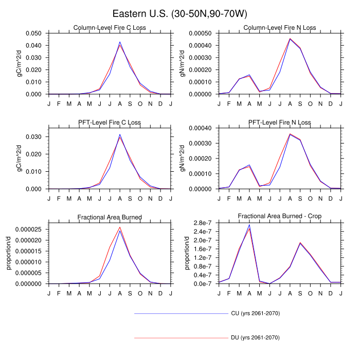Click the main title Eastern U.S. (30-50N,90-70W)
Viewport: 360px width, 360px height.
(180, 13)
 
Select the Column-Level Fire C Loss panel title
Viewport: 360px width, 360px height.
(109, 28)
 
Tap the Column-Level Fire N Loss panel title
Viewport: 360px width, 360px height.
(280, 28)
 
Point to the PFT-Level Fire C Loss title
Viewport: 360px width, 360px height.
(109, 122)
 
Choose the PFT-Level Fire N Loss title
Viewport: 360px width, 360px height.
(280, 122)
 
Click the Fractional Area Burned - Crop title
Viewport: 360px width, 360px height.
(280, 217)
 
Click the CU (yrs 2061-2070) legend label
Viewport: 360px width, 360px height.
(255, 313)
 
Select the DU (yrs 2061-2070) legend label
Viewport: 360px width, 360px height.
(255, 338)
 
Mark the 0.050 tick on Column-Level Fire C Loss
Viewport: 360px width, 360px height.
(35, 33)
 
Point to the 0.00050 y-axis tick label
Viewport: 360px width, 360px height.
(202, 33)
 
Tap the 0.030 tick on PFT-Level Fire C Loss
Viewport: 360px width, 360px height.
(35, 137)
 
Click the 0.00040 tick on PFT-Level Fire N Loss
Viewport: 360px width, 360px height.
(202, 128)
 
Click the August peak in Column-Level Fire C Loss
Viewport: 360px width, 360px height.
(120, 43)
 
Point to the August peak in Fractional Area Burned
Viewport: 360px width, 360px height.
(120, 228)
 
